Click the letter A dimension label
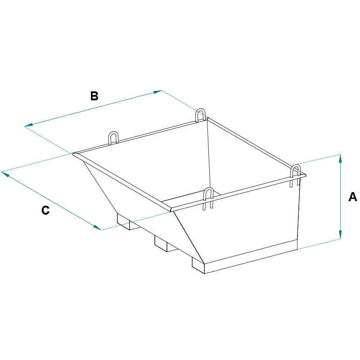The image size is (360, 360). [353, 197]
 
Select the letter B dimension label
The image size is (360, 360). [94, 96]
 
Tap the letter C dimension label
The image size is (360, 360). [45, 210]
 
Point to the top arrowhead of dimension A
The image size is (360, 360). [340, 158]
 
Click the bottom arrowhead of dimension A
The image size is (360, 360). [340, 235]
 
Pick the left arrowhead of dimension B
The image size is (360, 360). [28, 125]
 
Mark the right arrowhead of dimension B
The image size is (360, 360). [157, 92]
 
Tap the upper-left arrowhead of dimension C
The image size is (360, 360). [5, 174]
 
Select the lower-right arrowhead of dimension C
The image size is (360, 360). [97, 228]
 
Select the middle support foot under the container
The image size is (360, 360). [164, 244]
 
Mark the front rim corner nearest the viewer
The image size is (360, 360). [171, 210]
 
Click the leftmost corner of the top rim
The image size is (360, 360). [73, 153]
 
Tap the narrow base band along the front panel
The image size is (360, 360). [251, 256]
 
